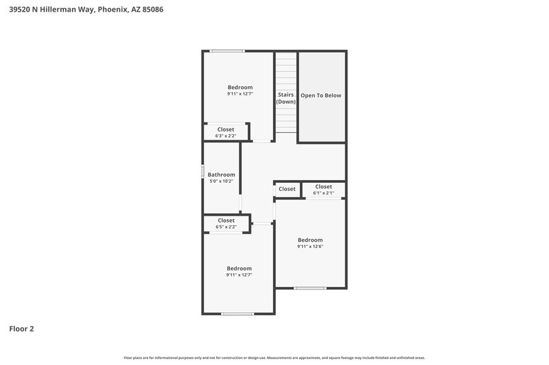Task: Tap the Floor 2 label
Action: tap(21, 329)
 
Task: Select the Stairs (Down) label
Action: tap(286, 98)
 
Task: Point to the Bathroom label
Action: tap(221, 175)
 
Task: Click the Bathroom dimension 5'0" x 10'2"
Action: tap(221, 181)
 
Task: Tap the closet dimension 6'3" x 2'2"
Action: tap(226, 136)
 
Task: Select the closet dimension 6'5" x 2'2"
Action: tap(226, 227)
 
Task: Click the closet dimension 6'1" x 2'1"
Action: tap(323, 193)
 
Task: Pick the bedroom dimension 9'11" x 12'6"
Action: tap(310, 247)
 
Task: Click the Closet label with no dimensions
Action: tap(287, 189)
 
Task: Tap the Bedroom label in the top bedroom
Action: tap(240, 87)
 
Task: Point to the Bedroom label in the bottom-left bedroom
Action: tap(240, 268)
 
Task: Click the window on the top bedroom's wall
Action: tap(227, 51)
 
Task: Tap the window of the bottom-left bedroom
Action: tap(237, 314)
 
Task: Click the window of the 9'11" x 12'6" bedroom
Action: tap(309, 288)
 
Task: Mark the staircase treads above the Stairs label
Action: tap(286, 68)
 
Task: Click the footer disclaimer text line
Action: tap(274, 357)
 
